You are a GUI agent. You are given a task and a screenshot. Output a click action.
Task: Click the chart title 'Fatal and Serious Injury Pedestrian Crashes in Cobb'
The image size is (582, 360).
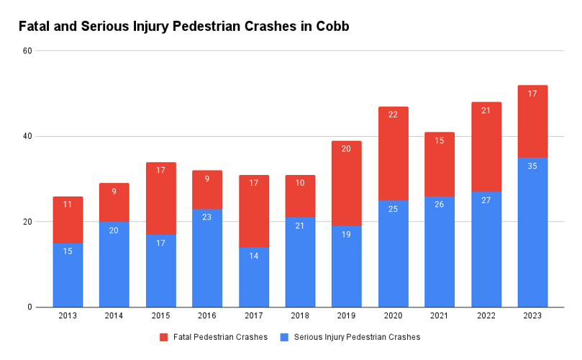183,27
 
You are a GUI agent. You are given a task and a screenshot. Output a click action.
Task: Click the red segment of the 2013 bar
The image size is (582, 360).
68,220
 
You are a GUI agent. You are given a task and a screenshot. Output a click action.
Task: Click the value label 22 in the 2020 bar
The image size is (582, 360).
393,114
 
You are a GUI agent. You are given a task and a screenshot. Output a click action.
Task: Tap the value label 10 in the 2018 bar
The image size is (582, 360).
300,183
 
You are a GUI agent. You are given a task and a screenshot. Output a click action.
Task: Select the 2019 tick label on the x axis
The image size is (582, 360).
347,315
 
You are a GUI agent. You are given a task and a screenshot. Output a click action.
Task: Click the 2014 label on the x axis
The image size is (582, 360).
114,315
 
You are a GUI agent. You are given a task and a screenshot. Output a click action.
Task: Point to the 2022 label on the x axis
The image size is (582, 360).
486,315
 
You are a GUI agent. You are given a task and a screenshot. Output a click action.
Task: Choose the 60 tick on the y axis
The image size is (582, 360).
27,51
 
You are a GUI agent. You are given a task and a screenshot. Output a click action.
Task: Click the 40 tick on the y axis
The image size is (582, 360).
27,137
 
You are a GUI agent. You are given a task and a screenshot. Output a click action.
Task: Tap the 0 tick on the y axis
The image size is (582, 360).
29,307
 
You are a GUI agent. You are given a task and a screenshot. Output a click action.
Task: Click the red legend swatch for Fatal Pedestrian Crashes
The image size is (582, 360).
163,337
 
